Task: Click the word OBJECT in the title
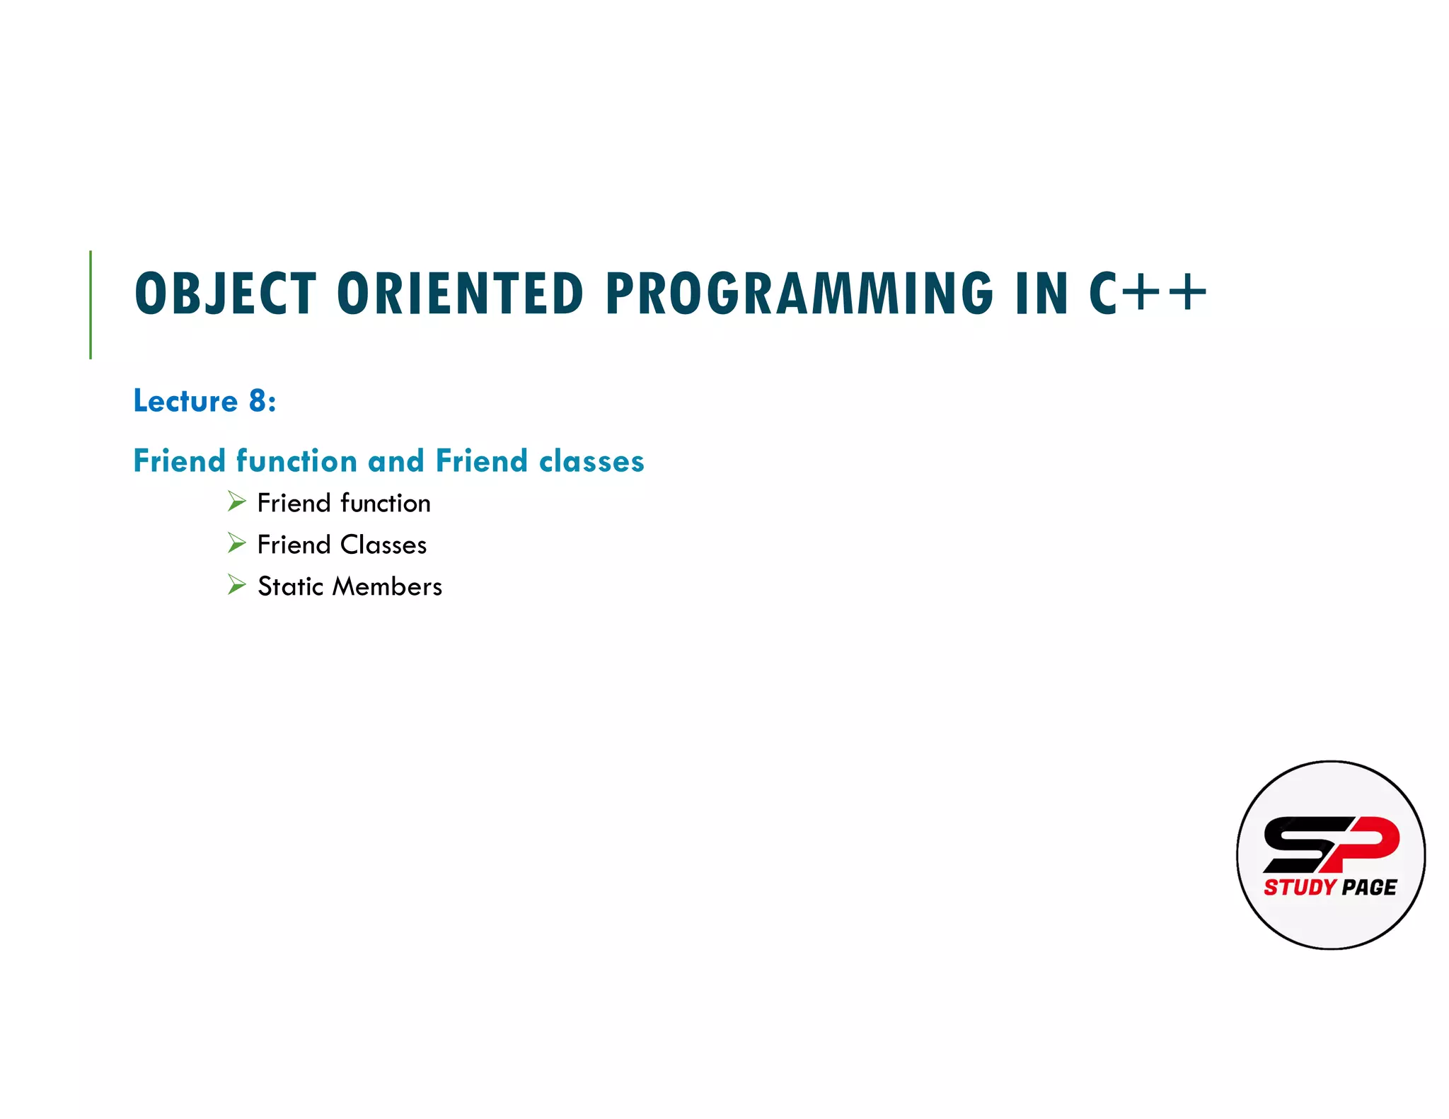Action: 225,294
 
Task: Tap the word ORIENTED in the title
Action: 460,294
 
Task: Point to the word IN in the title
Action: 1041,294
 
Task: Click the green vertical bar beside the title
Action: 91,304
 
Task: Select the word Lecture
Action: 186,401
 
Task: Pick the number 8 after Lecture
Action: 257,401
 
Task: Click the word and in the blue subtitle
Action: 396,461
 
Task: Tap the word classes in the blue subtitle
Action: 591,461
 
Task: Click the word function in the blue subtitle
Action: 296,461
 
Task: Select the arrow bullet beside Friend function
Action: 236,502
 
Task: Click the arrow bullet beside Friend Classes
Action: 236,543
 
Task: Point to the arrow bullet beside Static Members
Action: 236,585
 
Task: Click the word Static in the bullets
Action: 290,586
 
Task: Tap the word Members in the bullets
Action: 387,586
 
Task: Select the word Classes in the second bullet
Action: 383,545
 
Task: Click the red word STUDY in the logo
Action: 1300,887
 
